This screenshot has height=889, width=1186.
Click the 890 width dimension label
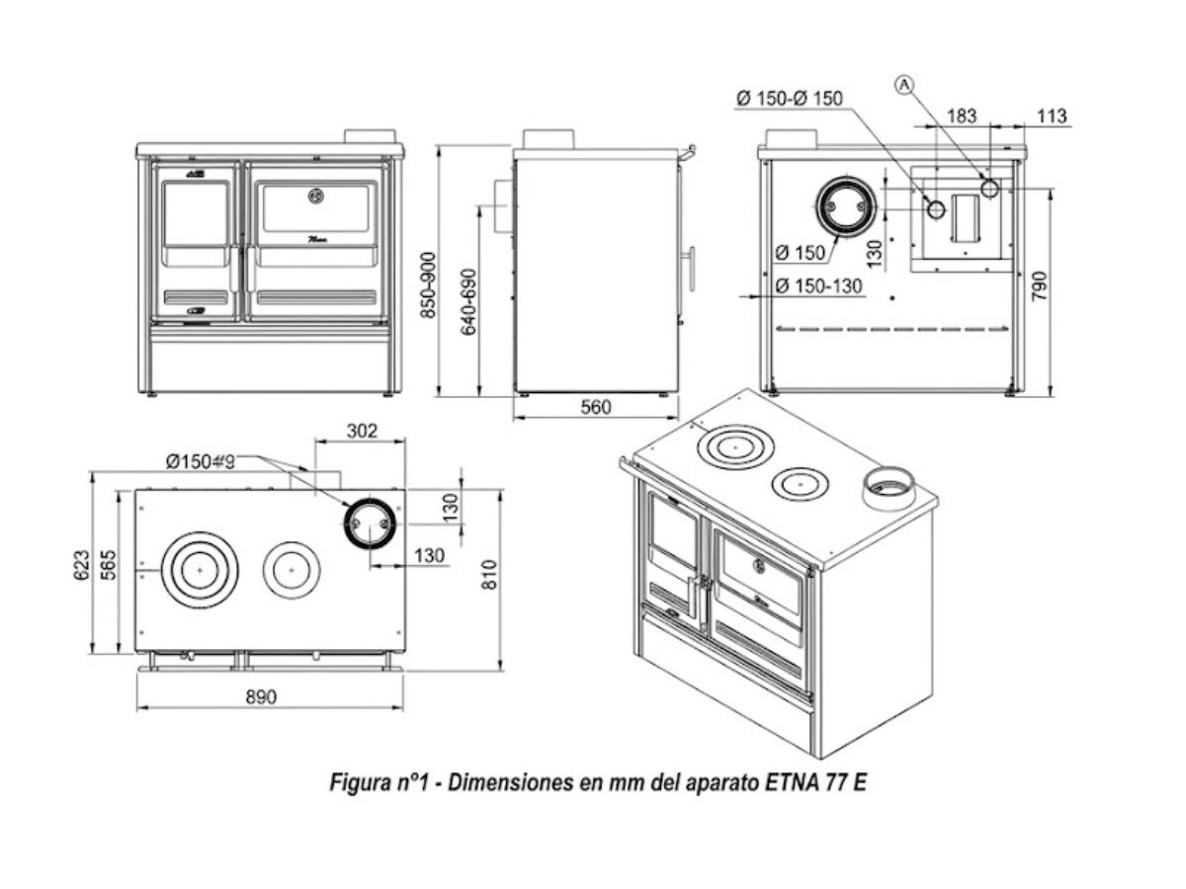(261, 696)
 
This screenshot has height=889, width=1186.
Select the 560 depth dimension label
(595, 407)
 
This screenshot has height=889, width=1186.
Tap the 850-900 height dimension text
(428, 285)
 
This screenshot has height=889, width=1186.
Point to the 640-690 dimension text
(468, 301)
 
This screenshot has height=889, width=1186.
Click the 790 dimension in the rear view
(1039, 286)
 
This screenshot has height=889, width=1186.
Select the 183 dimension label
(962, 116)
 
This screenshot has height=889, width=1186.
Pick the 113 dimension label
(1052, 116)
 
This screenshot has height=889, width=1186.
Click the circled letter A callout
(904, 85)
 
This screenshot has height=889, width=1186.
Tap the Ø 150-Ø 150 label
(790, 98)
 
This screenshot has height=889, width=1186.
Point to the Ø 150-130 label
(818, 285)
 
